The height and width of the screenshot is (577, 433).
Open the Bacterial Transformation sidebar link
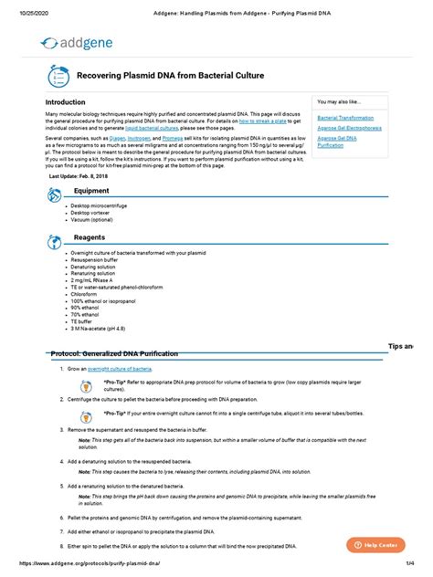pyautogui.click(x=344, y=118)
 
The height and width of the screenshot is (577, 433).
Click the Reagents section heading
pyautogui.click(x=90, y=236)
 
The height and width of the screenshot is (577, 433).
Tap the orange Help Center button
pyautogui.click(x=375, y=544)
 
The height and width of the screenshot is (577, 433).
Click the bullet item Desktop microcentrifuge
pyautogui.click(x=100, y=206)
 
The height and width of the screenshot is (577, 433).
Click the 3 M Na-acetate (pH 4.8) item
pyautogui.click(x=100, y=331)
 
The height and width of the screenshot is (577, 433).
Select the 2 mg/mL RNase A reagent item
pyautogui.click(x=93, y=280)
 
